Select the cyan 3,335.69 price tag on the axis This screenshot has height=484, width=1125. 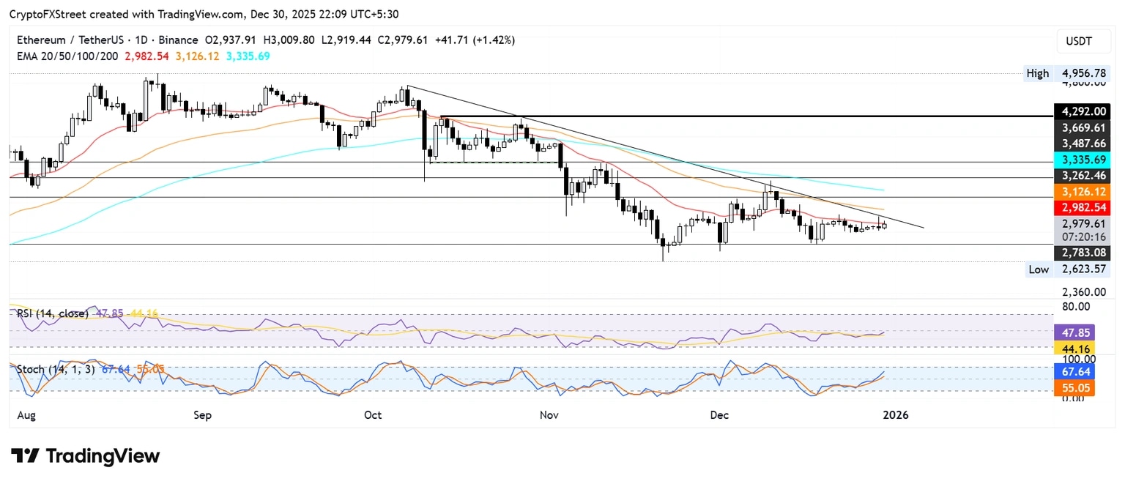tap(1081, 159)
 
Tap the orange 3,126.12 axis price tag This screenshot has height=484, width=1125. tap(1081, 190)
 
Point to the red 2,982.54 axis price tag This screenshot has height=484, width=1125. tap(1081, 207)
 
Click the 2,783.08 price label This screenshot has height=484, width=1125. tap(1081, 253)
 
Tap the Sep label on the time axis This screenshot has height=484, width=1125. tap(202, 415)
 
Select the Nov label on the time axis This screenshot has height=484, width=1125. tap(549, 415)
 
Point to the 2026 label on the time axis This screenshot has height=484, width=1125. tap(895, 415)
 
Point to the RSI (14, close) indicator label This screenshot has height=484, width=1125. tap(53, 313)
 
